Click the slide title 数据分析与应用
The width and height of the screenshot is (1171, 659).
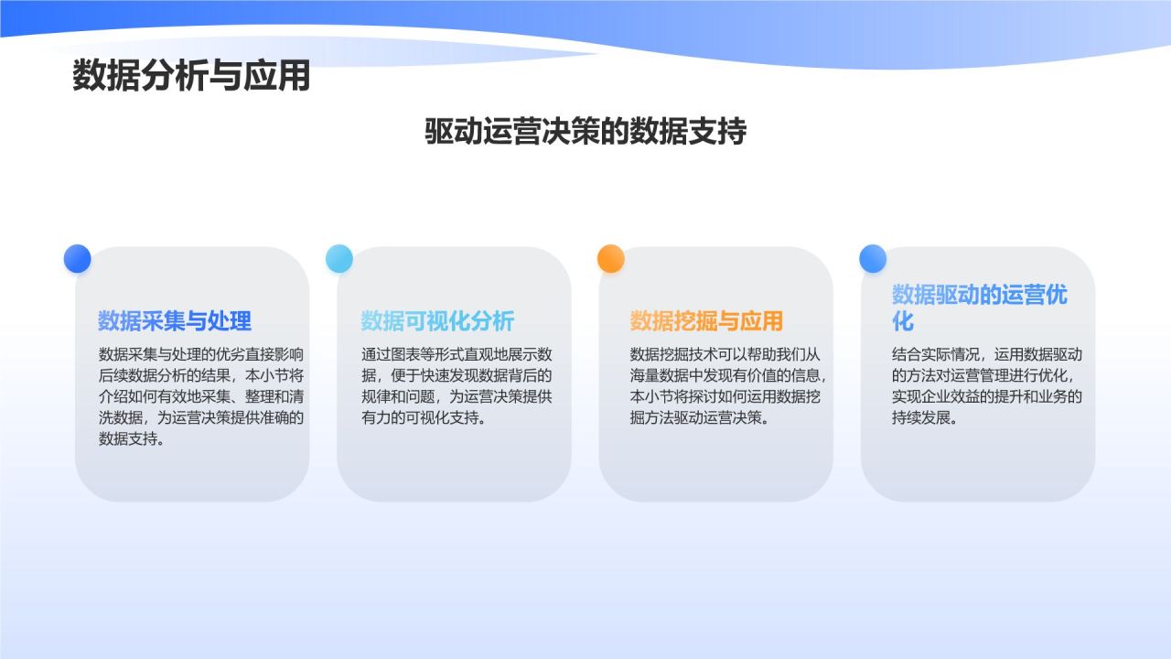pos(191,77)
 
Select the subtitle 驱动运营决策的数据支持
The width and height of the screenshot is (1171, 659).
pos(585,132)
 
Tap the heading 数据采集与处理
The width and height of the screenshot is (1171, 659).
pos(175,321)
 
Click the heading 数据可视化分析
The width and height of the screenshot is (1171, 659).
pos(437,321)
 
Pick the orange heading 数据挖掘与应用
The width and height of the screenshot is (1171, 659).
pos(706,321)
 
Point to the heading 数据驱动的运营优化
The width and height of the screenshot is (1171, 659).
pos(979,308)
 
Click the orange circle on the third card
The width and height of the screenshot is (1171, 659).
pos(611,259)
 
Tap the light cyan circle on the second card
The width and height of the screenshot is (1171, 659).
pos(339,259)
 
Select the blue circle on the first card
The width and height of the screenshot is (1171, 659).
pos(78,259)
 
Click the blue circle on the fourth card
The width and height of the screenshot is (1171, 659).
pos(873,259)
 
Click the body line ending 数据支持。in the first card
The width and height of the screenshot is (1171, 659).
pos(132,438)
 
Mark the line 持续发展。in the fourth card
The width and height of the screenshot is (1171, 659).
pos(925,417)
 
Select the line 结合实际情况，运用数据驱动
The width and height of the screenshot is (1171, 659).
pos(987,354)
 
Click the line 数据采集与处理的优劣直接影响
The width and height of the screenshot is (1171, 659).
pos(201,354)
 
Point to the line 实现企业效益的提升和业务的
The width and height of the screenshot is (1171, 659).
pos(987,396)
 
